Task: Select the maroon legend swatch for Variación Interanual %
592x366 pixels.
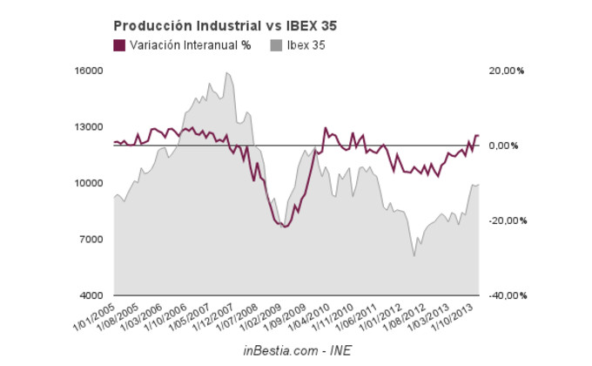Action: pos(120,45)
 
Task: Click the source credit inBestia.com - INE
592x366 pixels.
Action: pos(297,349)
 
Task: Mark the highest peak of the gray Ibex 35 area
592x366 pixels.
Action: pos(226,73)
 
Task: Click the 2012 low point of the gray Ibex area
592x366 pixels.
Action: pos(414,256)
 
